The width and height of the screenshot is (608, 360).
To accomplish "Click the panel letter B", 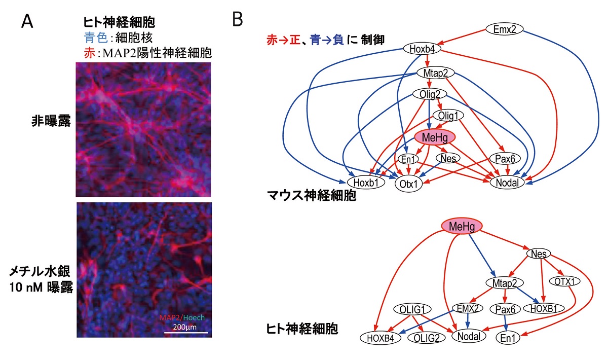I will pyautogui.click(x=239, y=20).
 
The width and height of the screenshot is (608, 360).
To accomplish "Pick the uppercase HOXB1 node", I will pyautogui.click(x=541, y=308).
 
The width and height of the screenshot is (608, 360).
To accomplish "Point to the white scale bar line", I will pyautogui.click(x=185, y=332).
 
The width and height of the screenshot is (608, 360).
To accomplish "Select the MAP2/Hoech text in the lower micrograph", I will pyautogui.click(x=182, y=317).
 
